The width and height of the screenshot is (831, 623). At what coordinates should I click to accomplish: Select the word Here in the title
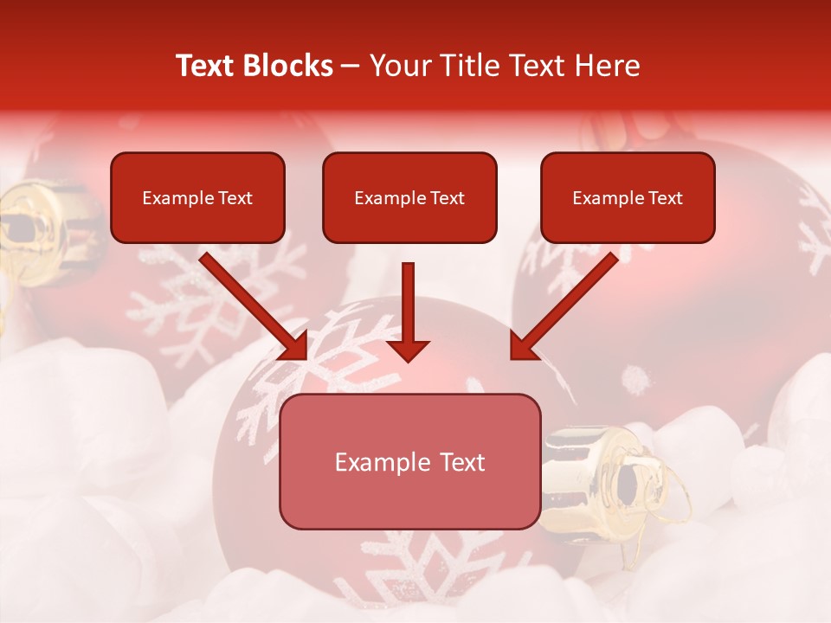[609, 66]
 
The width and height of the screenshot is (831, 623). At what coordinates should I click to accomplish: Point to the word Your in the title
[398, 66]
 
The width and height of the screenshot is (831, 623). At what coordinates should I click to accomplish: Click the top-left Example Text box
[197, 198]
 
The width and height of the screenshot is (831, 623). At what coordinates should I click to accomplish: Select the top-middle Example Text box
[409, 198]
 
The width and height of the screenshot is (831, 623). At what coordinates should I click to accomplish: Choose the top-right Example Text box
[628, 198]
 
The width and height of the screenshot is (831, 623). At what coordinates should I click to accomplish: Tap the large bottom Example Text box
[409, 462]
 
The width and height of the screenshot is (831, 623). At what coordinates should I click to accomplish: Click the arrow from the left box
[251, 303]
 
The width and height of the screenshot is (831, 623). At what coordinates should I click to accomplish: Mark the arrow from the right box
[567, 303]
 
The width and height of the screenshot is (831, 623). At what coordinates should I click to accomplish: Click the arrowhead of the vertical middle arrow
[408, 350]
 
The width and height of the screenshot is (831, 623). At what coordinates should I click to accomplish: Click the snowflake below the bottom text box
[407, 562]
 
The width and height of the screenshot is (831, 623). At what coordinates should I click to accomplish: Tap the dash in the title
[351, 66]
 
